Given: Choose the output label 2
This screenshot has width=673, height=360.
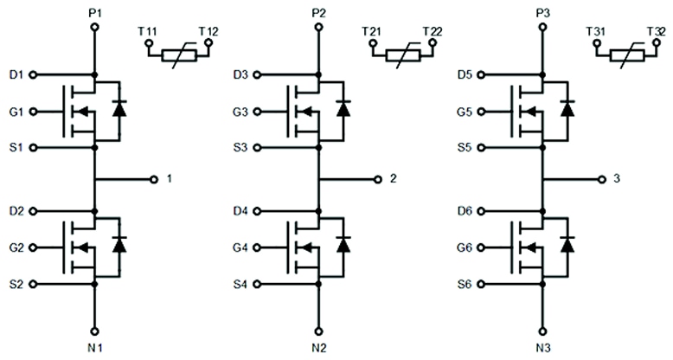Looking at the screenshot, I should click(394, 179).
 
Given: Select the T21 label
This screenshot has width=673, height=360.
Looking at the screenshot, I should click(373, 32).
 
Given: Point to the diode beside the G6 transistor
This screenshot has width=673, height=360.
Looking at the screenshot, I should click(567, 244).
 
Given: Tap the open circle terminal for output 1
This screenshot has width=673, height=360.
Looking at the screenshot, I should click(154, 179).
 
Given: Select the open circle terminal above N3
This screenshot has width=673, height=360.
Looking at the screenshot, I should click(544, 330).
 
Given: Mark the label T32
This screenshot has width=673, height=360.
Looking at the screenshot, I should click(655, 32).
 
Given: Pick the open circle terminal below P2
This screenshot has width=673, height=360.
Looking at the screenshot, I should click(320, 28).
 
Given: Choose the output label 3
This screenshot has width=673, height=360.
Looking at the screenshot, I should click(616, 179).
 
